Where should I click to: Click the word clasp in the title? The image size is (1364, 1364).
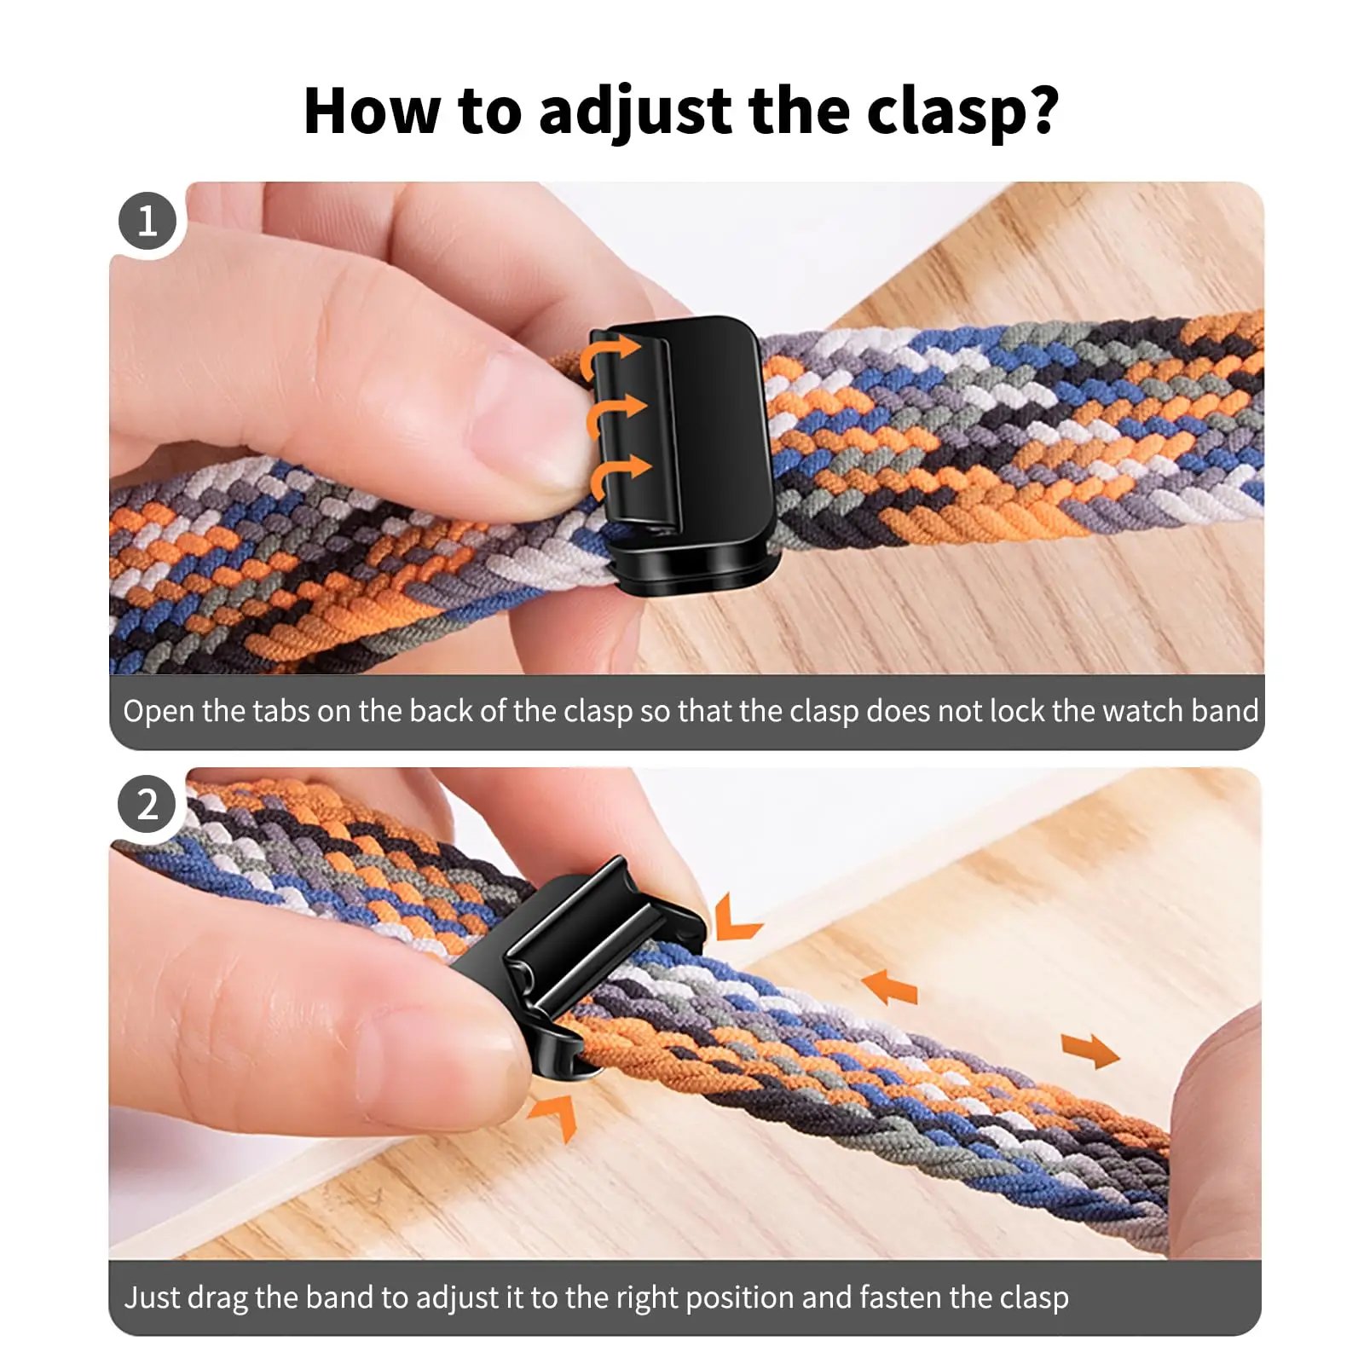941,112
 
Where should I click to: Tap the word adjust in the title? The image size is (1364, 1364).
635,112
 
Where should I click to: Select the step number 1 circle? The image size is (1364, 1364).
147,221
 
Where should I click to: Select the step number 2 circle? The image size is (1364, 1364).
147,804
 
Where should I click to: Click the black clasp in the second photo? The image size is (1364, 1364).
580,955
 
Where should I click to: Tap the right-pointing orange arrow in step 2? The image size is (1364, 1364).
1090,1050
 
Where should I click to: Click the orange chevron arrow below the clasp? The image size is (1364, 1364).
555,1113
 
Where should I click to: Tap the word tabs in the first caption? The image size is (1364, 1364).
281,711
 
